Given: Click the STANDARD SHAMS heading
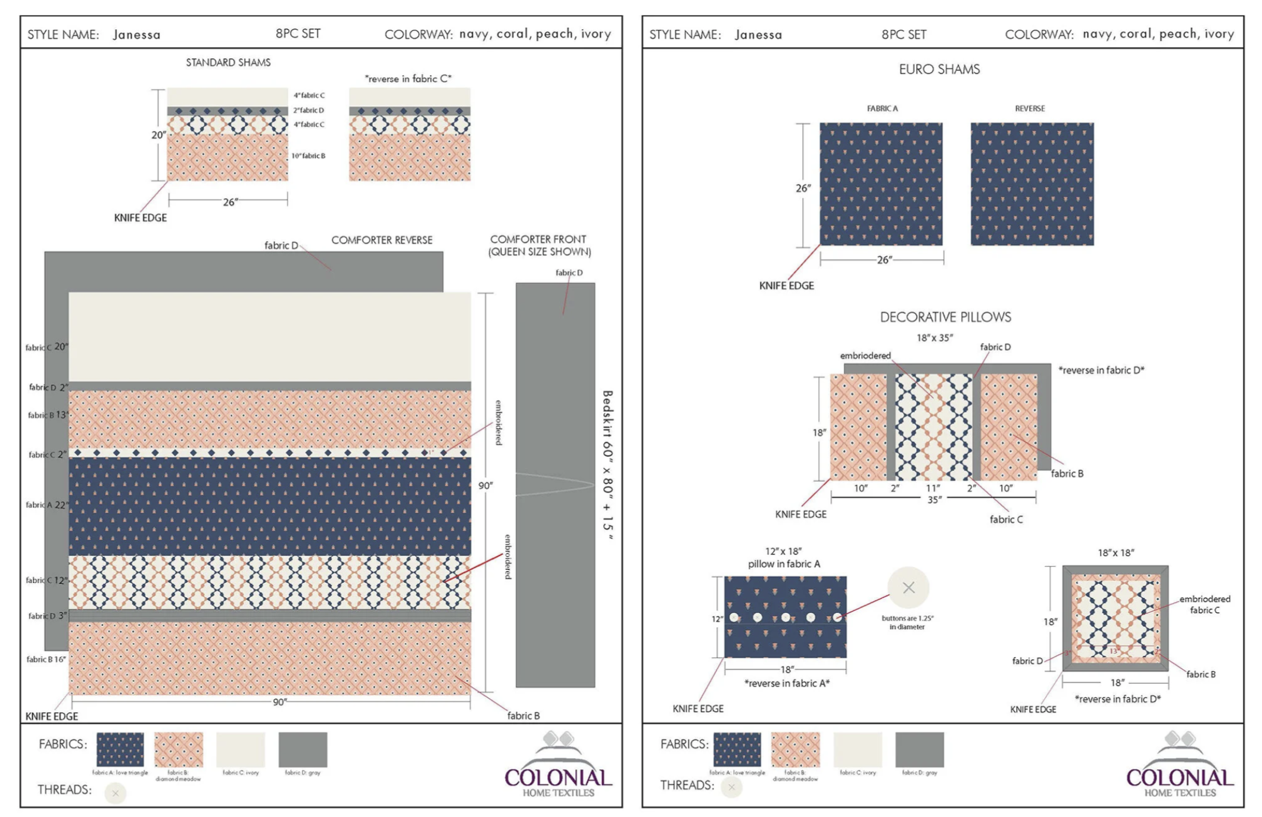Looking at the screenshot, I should pyautogui.click(x=228, y=63).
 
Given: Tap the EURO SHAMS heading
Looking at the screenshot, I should pyautogui.click(x=939, y=70).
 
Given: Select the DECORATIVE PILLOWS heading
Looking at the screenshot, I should pyautogui.click(x=945, y=317).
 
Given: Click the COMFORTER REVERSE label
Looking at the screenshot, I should pyautogui.click(x=382, y=240).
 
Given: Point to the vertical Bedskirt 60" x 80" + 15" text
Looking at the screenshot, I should pyautogui.click(x=607, y=465).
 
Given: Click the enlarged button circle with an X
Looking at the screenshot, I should pyautogui.click(x=908, y=588).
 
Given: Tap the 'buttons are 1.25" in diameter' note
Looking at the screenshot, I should pyautogui.click(x=907, y=622).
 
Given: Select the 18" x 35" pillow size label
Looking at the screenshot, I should pyautogui.click(x=934, y=338).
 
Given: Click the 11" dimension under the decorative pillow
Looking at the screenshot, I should pyautogui.click(x=933, y=488).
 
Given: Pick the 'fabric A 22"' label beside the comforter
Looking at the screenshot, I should pyautogui.click(x=47, y=505).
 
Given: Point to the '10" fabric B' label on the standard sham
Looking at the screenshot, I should pyautogui.click(x=308, y=156).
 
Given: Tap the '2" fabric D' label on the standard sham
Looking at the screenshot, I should pyautogui.click(x=309, y=110).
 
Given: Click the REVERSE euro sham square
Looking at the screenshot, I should pyautogui.click(x=1032, y=184).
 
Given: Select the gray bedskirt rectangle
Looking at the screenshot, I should pyautogui.click(x=555, y=485).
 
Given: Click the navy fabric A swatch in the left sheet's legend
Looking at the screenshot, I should pyautogui.click(x=120, y=749).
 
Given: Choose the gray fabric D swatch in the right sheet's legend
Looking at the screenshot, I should pyautogui.click(x=920, y=750).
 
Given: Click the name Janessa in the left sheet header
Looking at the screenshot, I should pyautogui.click(x=137, y=35).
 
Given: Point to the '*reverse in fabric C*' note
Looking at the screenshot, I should pyautogui.click(x=408, y=79).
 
